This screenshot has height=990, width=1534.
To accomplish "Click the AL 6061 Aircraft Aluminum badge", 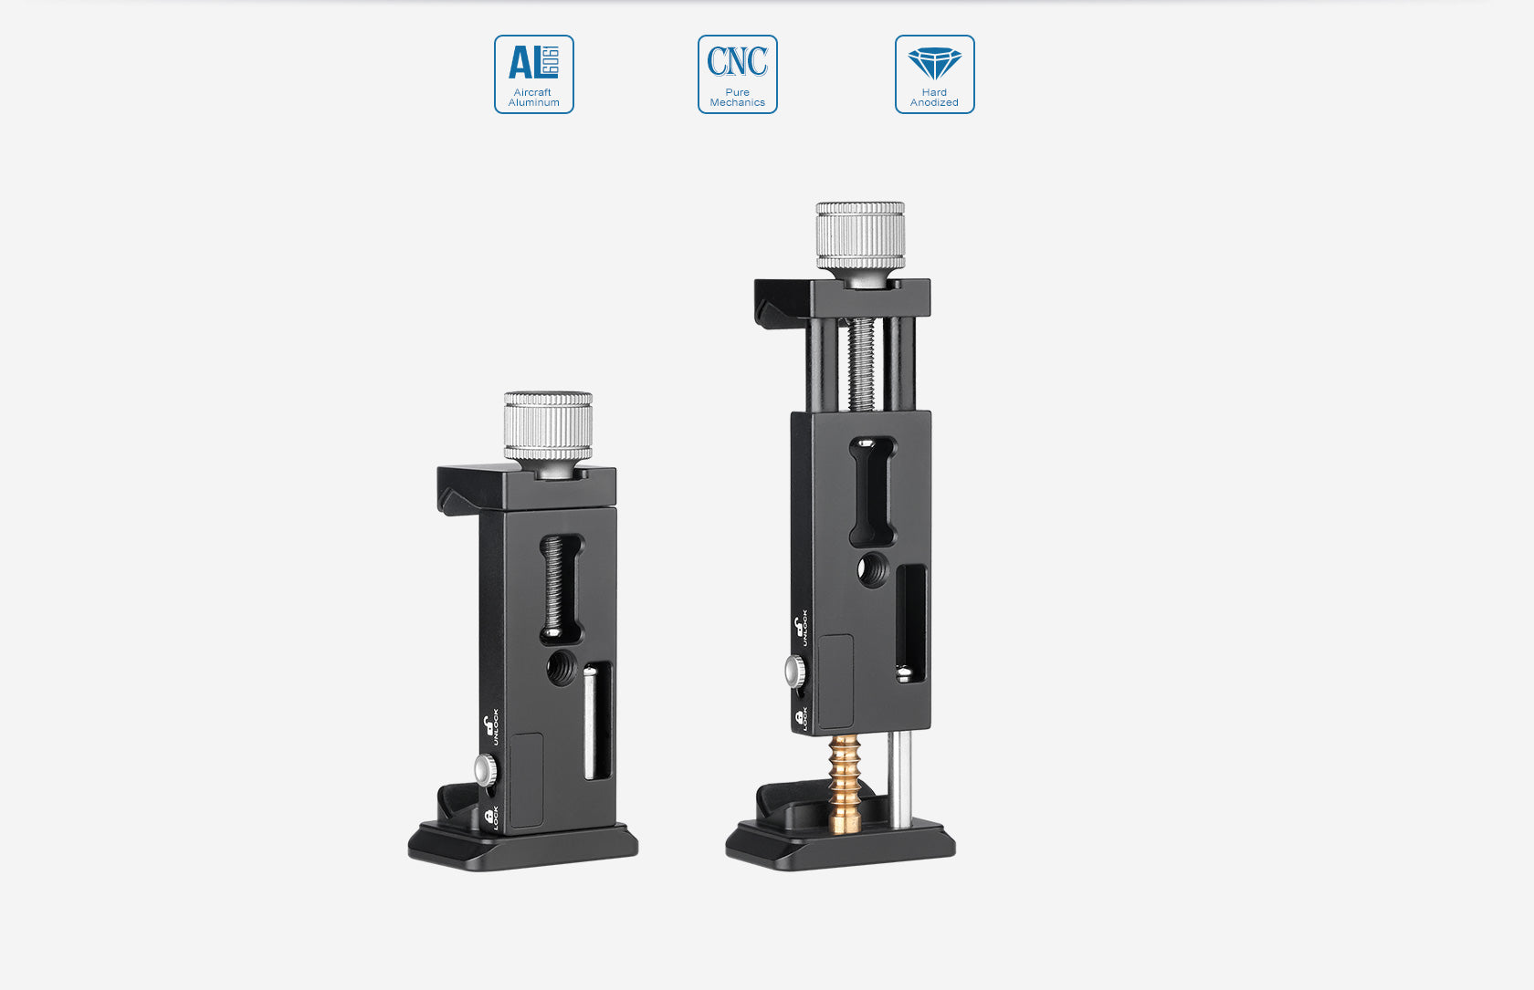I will (x=534, y=74).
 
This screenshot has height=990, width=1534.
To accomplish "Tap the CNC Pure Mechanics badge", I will (x=738, y=74).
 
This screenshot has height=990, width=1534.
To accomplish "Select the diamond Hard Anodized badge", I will (x=934, y=74).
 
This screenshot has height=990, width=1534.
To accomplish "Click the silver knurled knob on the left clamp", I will (x=548, y=426).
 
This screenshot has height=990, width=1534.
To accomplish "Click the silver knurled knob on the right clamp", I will (x=860, y=235).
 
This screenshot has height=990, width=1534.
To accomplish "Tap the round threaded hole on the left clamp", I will (x=561, y=669).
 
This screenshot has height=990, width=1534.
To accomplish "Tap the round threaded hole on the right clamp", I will (x=872, y=569).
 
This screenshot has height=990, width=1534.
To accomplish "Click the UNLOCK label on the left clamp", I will (x=495, y=727).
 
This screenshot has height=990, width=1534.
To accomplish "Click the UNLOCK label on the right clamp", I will (x=804, y=628).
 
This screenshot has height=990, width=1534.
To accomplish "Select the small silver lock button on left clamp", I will (x=486, y=771).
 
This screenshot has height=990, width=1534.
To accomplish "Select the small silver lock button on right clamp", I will (x=794, y=672).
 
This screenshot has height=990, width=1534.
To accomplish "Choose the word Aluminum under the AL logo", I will (x=534, y=103).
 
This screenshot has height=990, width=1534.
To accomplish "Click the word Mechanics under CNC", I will (x=738, y=103).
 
